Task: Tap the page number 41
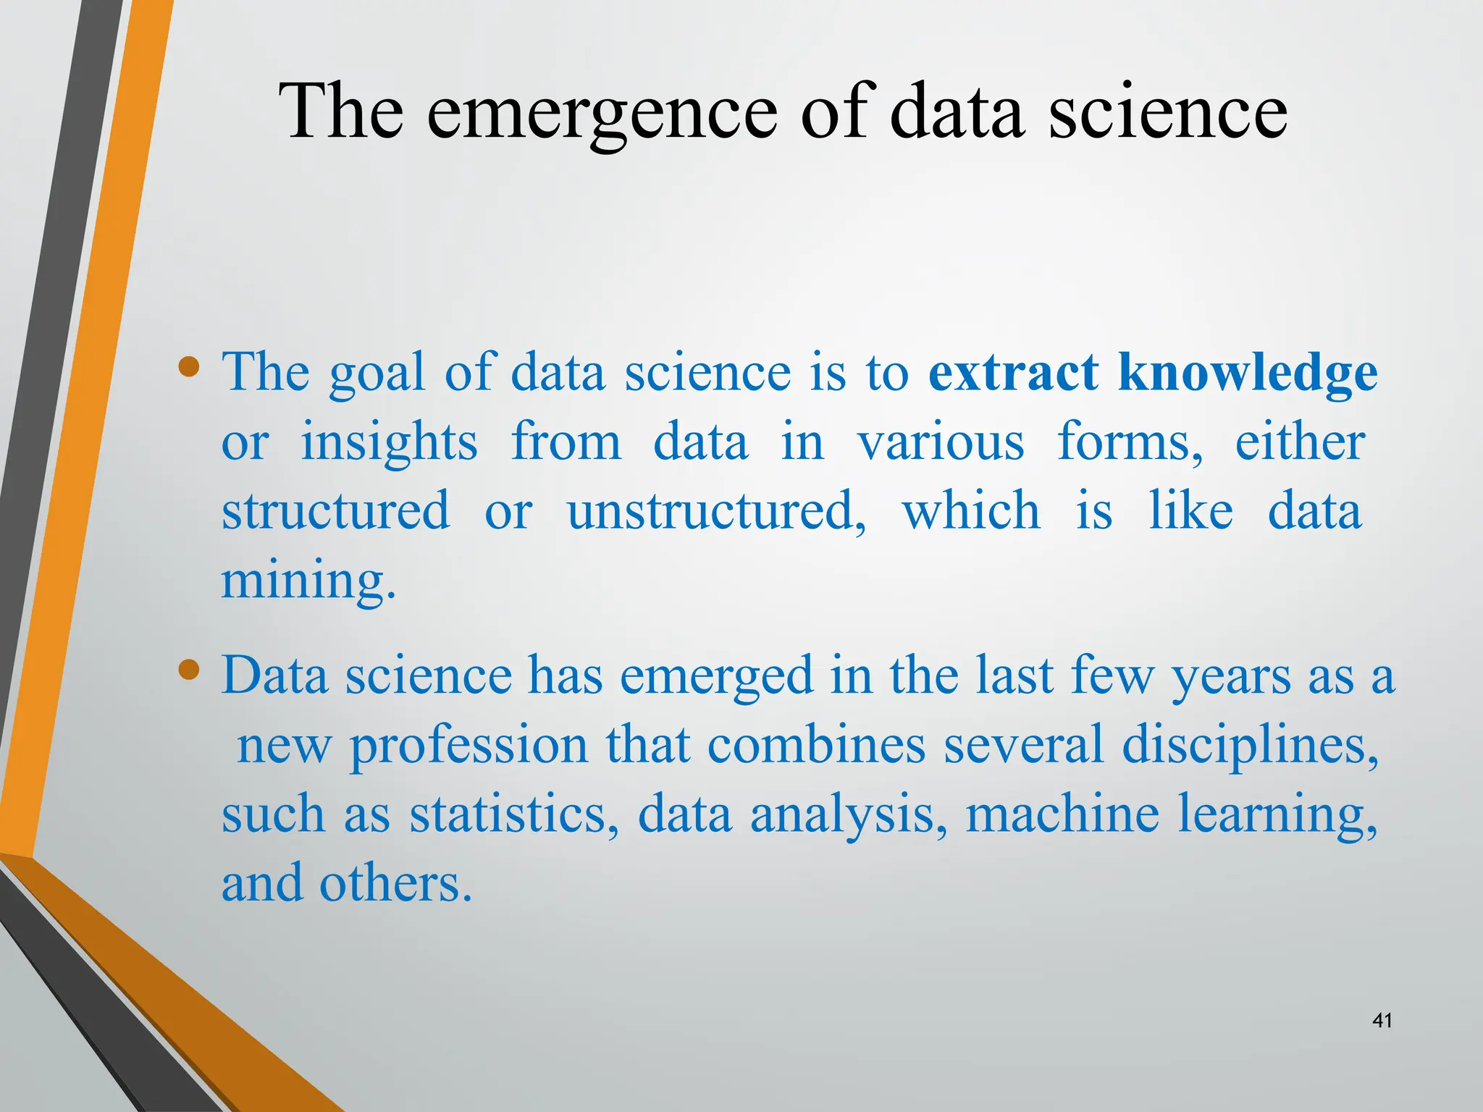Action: point(1382,1021)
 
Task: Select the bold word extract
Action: point(1013,373)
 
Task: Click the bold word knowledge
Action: point(1247,374)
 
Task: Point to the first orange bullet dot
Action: point(189,366)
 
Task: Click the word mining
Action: point(308,582)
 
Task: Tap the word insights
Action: point(389,443)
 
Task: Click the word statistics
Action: point(514,814)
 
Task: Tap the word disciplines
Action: point(1249,746)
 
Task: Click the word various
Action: point(941,443)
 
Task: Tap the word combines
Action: point(816,746)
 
